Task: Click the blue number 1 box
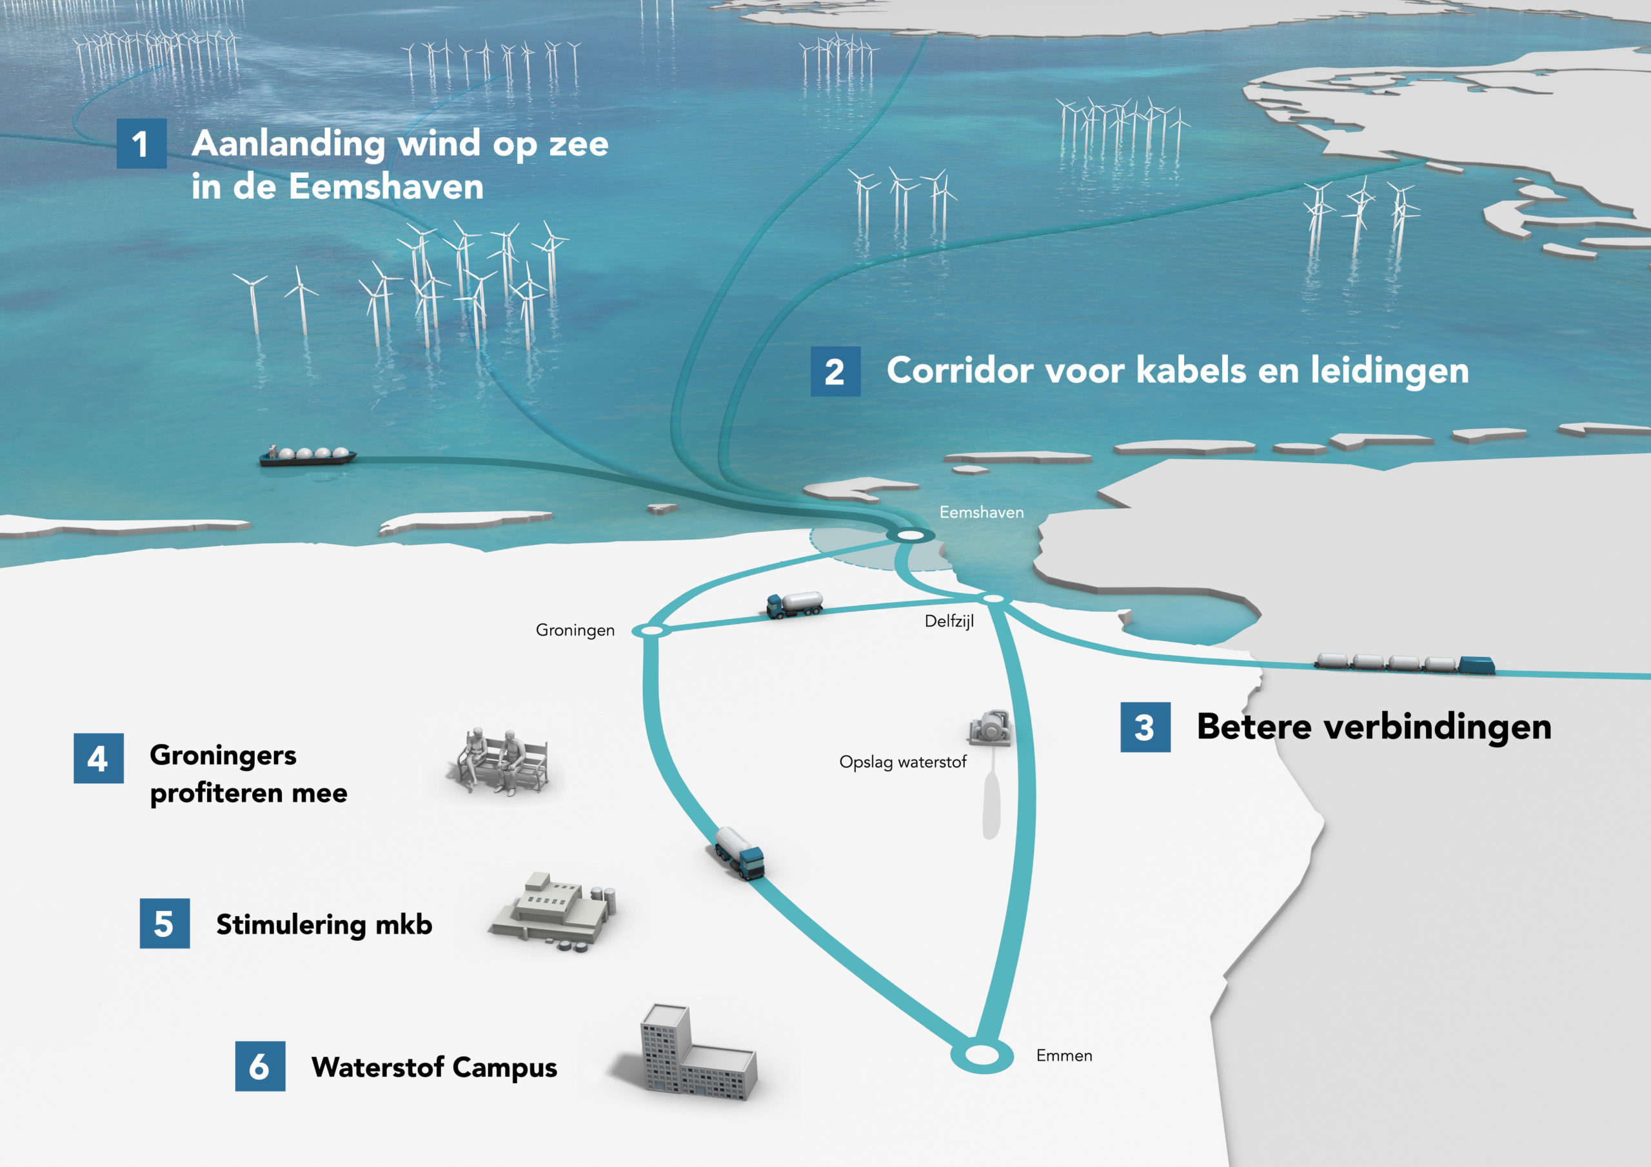142,144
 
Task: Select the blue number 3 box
1145,727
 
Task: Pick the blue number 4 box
99,759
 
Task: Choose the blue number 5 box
164,923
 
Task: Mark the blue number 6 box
261,1066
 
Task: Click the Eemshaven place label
982,512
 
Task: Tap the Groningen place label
575,631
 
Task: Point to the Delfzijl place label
949,622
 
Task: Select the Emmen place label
1064,1055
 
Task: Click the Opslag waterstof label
902,762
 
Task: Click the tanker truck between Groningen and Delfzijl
795,604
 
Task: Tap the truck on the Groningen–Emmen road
739,854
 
